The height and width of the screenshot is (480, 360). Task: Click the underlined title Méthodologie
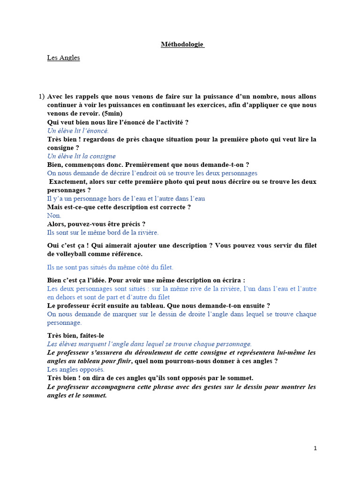(x=182, y=45)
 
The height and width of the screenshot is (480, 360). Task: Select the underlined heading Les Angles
(x=63, y=58)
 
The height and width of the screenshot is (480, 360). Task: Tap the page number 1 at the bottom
(x=315, y=448)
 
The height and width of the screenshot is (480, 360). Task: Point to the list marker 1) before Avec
(x=41, y=97)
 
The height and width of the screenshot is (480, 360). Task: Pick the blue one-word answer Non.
(x=54, y=216)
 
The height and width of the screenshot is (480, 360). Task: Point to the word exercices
(x=203, y=105)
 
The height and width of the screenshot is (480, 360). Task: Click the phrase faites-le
(x=92, y=336)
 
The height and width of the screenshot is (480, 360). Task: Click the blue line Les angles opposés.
(x=75, y=369)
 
